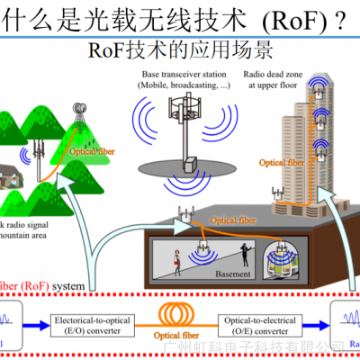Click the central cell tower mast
pyautogui.click(x=186, y=135)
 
